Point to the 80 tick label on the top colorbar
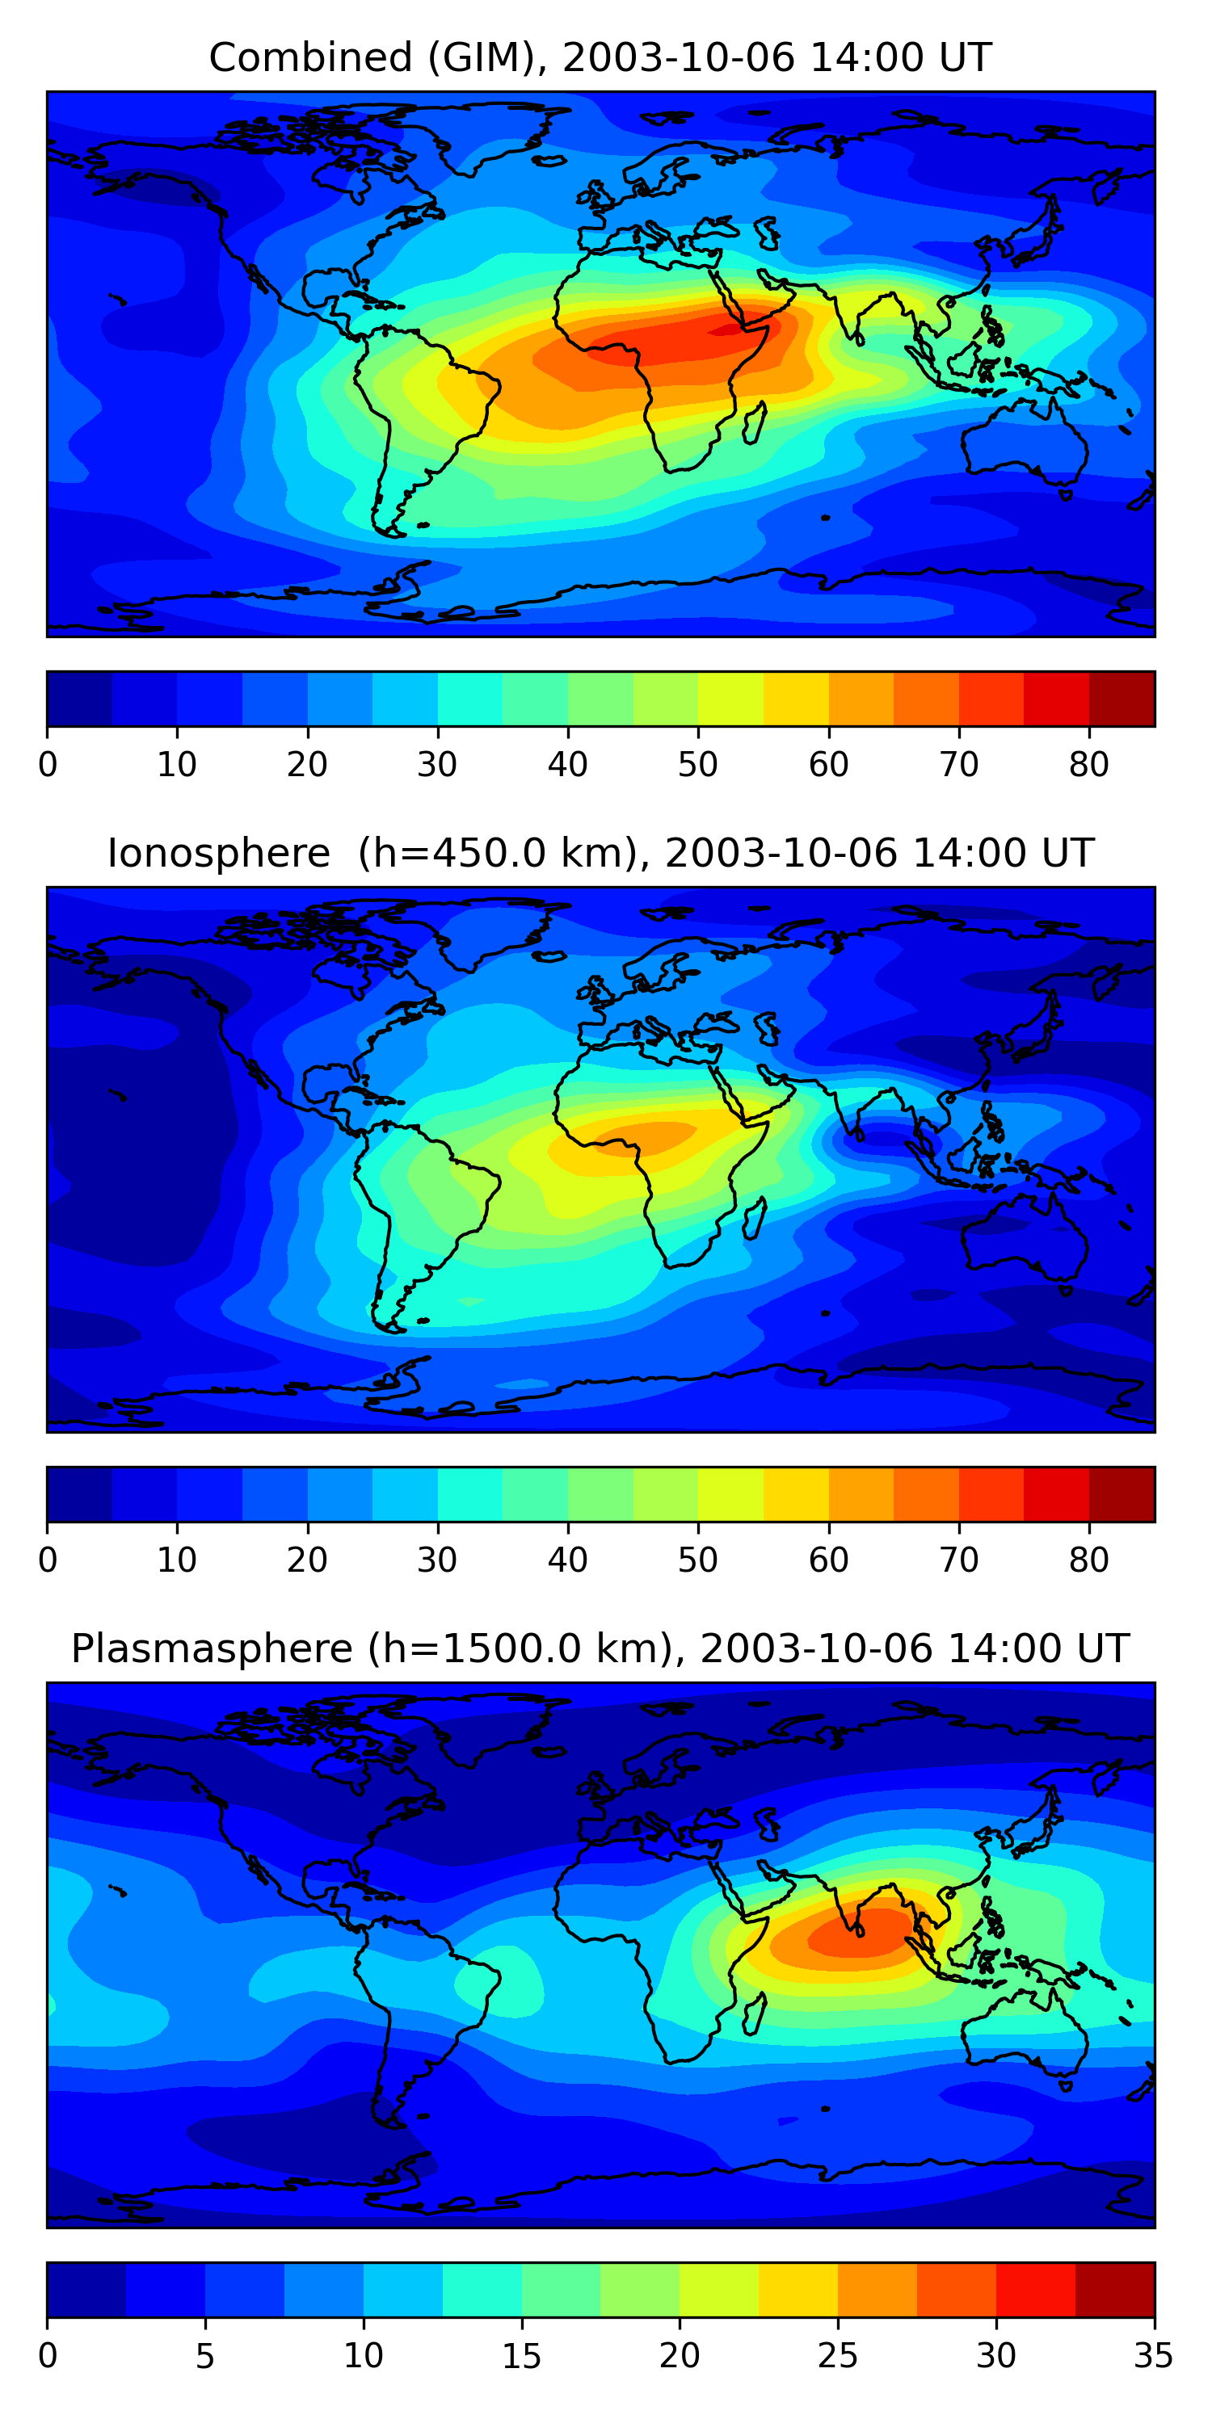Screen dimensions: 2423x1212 point(1088,765)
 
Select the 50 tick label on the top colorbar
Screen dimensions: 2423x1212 point(697,765)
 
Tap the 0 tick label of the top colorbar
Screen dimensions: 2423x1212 point(48,765)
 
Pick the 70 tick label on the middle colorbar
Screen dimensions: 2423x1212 point(959,1560)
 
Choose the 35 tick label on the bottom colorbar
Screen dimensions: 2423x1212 point(1154,2356)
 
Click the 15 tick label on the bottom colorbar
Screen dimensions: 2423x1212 point(521,2356)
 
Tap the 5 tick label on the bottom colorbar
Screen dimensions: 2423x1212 point(205,2356)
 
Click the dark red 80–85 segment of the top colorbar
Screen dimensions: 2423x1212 point(1122,699)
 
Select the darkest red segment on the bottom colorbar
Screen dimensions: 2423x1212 point(1114,2291)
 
